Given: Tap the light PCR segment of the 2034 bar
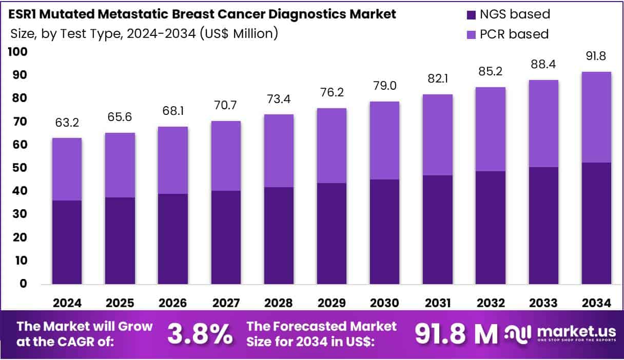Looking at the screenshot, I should (596, 117).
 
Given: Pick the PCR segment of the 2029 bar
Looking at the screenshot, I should (331, 146).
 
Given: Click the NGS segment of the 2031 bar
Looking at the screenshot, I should (438, 229).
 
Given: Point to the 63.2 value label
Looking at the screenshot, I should (67, 123).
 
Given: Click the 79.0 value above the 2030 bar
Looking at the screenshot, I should (384, 86).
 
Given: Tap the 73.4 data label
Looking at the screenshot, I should (279, 99).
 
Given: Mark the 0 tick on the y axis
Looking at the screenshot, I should (23, 284).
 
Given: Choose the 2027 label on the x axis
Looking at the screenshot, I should (226, 303).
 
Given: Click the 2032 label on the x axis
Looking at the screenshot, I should (491, 303).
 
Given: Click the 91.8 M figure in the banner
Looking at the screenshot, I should (456, 334).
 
